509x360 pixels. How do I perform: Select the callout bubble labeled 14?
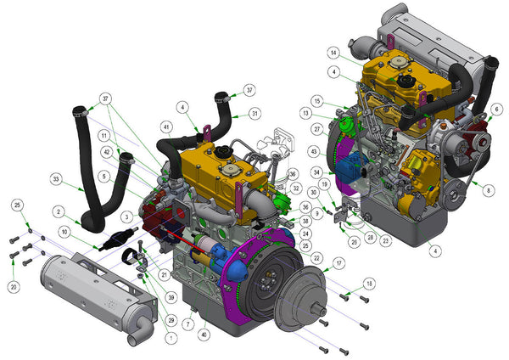click(x=334, y=53)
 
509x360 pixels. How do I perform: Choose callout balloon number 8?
click(x=488, y=191)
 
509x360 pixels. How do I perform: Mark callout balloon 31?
click(x=255, y=114)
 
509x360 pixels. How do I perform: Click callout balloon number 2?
click(x=58, y=211)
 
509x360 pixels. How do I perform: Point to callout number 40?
click(x=204, y=334)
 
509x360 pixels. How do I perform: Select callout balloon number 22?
click(x=316, y=257)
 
